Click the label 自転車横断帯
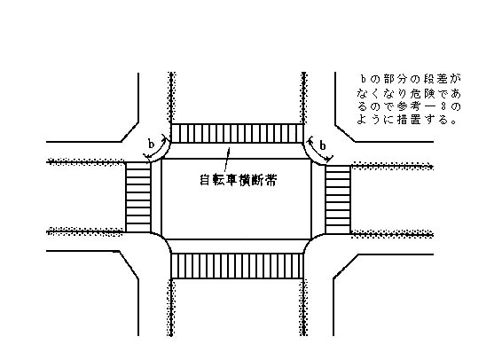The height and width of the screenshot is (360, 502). [x=239, y=180]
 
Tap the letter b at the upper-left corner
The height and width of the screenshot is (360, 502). [x=151, y=144]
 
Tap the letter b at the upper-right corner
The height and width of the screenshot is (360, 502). [x=323, y=145]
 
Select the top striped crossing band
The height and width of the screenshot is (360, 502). [x=237, y=133]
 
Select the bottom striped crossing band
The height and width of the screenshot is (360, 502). [x=237, y=266]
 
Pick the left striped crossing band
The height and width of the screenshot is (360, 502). [x=138, y=197]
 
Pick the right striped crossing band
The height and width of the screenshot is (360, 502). [x=338, y=200]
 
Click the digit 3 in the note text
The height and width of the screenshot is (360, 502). [x=443, y=106]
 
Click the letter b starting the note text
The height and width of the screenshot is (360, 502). [x=363, y=80]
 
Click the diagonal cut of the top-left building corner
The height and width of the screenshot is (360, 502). [x=129, y=132]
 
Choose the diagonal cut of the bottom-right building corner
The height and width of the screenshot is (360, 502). [x=346, y=266]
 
